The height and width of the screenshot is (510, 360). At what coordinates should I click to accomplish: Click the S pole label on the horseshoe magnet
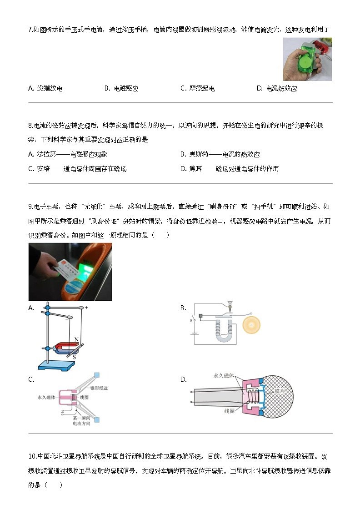coord(74,357)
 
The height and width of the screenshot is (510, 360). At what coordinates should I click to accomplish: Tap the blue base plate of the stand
coord(56,364)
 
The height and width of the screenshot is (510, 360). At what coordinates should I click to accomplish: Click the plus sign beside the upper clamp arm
coord(86,308)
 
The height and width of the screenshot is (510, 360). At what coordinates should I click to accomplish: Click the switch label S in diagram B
coord(191,320)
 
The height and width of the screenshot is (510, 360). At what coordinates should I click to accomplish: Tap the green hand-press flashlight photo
coord(307,59)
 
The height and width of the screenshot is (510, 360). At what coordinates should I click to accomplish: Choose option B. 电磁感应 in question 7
coord(121,89)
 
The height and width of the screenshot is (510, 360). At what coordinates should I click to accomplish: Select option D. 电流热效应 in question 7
coord(277,89)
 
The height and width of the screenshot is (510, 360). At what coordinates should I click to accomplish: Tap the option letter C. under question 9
coord(31,379)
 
